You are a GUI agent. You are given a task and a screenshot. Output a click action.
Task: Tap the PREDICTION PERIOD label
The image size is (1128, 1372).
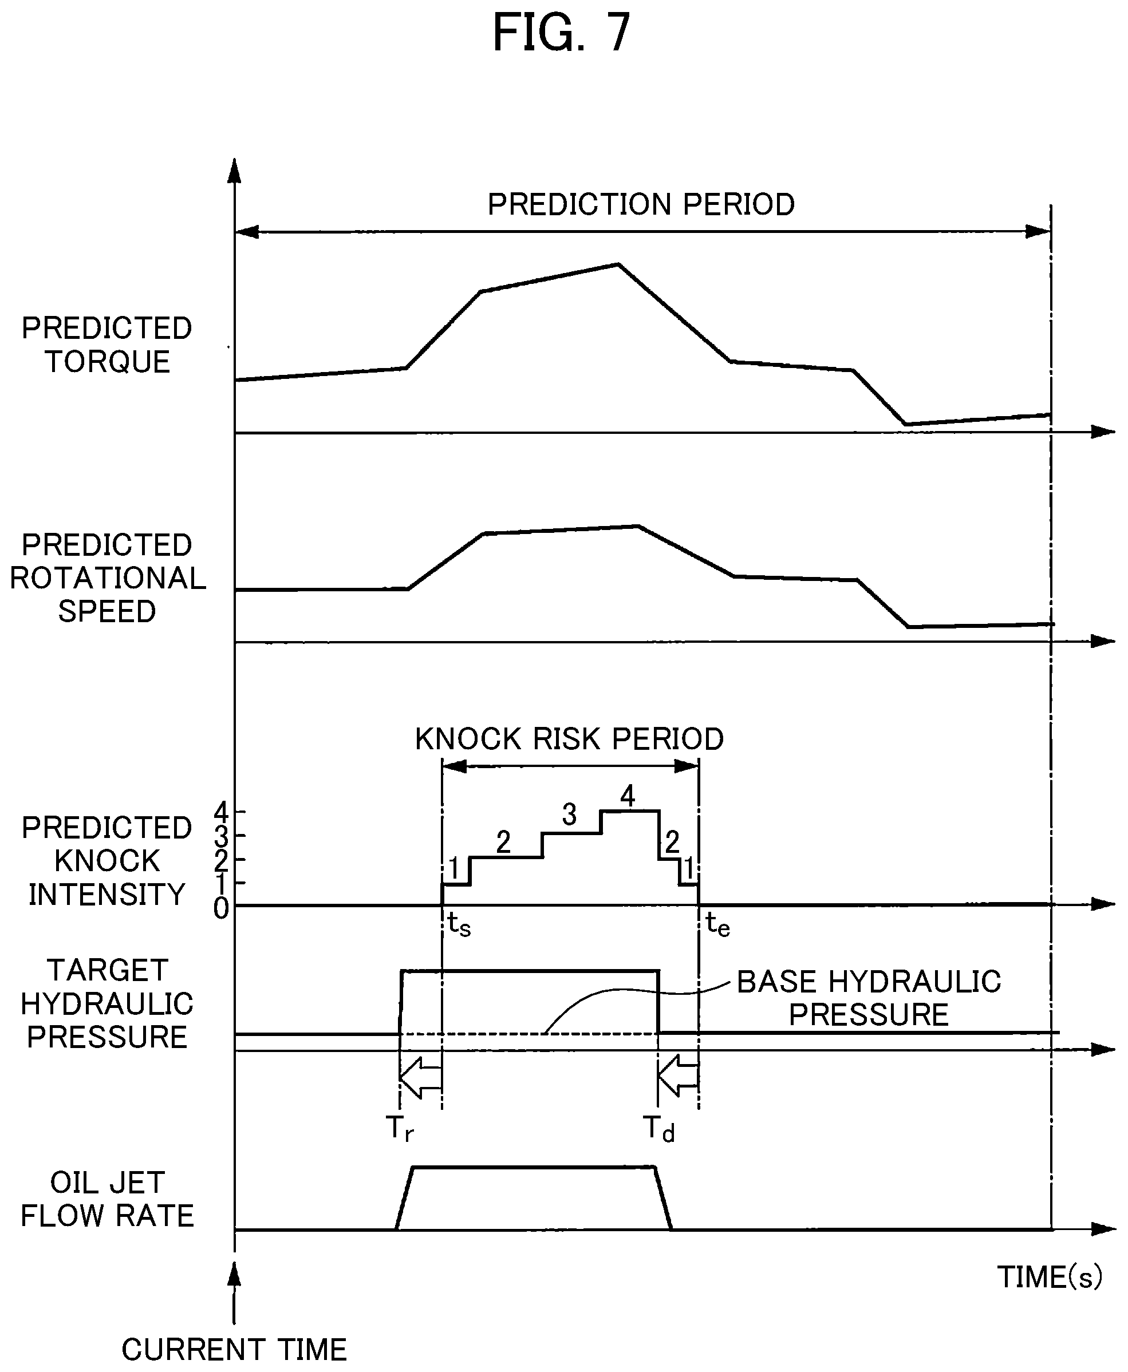pyautogui.click(x=641, y=205)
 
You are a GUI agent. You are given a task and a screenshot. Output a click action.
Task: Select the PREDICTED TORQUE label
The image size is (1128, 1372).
pyautogui.click(x=107, y=345)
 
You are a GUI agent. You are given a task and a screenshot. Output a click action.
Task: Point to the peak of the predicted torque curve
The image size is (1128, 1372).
pyautogui.click(x=618, y=264)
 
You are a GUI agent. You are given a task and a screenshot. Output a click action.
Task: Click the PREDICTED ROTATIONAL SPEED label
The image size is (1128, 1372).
pyautogui.click(x=108, y=578)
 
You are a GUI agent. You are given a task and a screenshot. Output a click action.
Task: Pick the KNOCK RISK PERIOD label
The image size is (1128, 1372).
pyautogui.click(x=569, y=738)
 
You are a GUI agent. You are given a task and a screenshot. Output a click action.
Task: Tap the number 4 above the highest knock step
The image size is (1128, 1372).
pyautogui.click(x=627, y=796)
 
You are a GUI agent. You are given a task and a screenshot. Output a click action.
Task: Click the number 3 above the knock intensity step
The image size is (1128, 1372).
pyautogui.click(x=569, y=814)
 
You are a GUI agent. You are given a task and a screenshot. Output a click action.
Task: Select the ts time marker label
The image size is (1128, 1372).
pyautogui.click(x=459, y=925)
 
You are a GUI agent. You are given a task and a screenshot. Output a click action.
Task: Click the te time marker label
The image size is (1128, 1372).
pyautogui.click(x=718, y=925)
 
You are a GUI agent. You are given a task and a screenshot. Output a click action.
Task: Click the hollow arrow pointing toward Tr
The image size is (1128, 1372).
pyautogui.click(x=420, y=1077)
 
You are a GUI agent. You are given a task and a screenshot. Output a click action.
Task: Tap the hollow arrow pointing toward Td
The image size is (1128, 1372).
pyautogui.click(x=679, y=1077)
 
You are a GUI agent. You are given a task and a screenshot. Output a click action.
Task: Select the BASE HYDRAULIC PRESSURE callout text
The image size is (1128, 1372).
pyautogui.click(x=869, y=998)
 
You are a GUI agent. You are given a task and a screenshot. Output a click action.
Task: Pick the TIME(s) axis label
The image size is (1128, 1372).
pyautogui.click(x=1050, y=1277)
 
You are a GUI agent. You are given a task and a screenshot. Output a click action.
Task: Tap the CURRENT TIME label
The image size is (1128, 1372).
pyautogui.click(x=234, y=1350)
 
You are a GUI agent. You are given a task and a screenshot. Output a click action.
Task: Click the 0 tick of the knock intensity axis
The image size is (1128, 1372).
pyautogui.click(x=221, y=909)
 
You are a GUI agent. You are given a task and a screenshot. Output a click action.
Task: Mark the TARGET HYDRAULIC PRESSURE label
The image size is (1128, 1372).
pyautogui.click(x=107, y=1003)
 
